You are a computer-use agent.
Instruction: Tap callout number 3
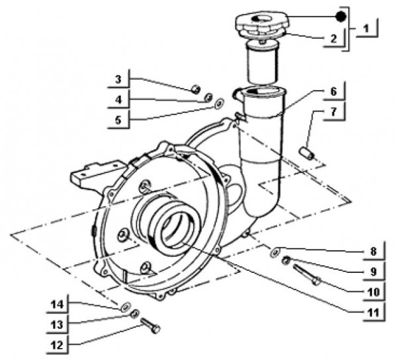118,79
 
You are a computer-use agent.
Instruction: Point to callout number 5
118,120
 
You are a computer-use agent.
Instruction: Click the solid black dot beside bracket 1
340,15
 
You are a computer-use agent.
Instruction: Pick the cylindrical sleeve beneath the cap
260,63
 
